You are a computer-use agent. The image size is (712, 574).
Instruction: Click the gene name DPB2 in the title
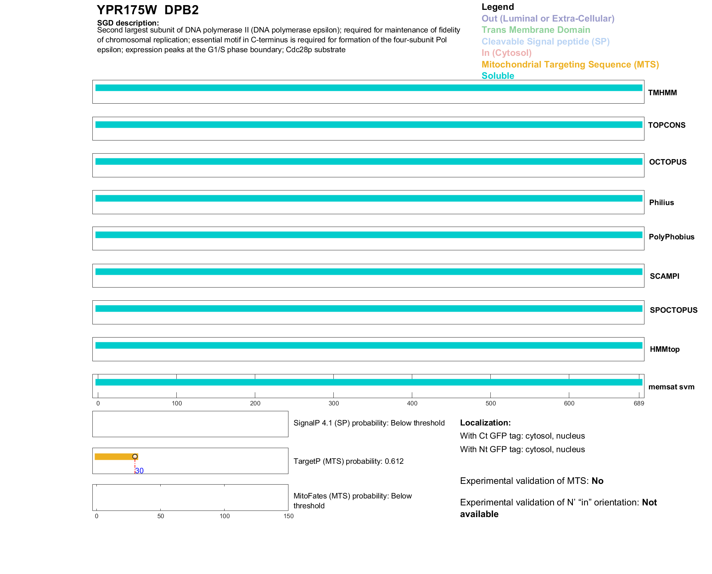coord(181,10)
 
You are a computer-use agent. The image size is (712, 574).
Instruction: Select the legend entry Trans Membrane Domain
coord(536,30)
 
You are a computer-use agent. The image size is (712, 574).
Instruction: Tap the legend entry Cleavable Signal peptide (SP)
coord(546,42)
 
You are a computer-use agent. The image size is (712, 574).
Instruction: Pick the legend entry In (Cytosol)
coord(506,53)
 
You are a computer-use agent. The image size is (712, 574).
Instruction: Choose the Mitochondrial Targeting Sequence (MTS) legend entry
coord(570,65)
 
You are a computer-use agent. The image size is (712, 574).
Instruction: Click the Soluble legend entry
coord(498,76)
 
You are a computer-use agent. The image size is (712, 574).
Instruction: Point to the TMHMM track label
coord(662,93)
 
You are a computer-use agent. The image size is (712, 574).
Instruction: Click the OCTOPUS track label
coord(667,162)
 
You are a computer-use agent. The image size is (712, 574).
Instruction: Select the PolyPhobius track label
coord(671,237)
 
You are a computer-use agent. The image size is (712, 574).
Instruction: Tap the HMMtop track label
coord(665,349)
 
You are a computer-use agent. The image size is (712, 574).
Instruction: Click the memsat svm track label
coord(671,387)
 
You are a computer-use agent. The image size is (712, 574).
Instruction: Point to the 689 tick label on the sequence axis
coord(639,403)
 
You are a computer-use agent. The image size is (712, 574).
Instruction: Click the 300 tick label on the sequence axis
coord(334,403)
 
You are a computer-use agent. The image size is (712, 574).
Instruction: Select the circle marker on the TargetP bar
coord(135,456)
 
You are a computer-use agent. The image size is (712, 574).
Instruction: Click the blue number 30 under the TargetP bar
coord(139,471)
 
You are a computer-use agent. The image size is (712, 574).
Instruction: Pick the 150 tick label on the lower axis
coord(288,516)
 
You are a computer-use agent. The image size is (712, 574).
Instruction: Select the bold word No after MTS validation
coord(597,481)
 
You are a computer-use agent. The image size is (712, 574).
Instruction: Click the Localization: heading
coord(485,423)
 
